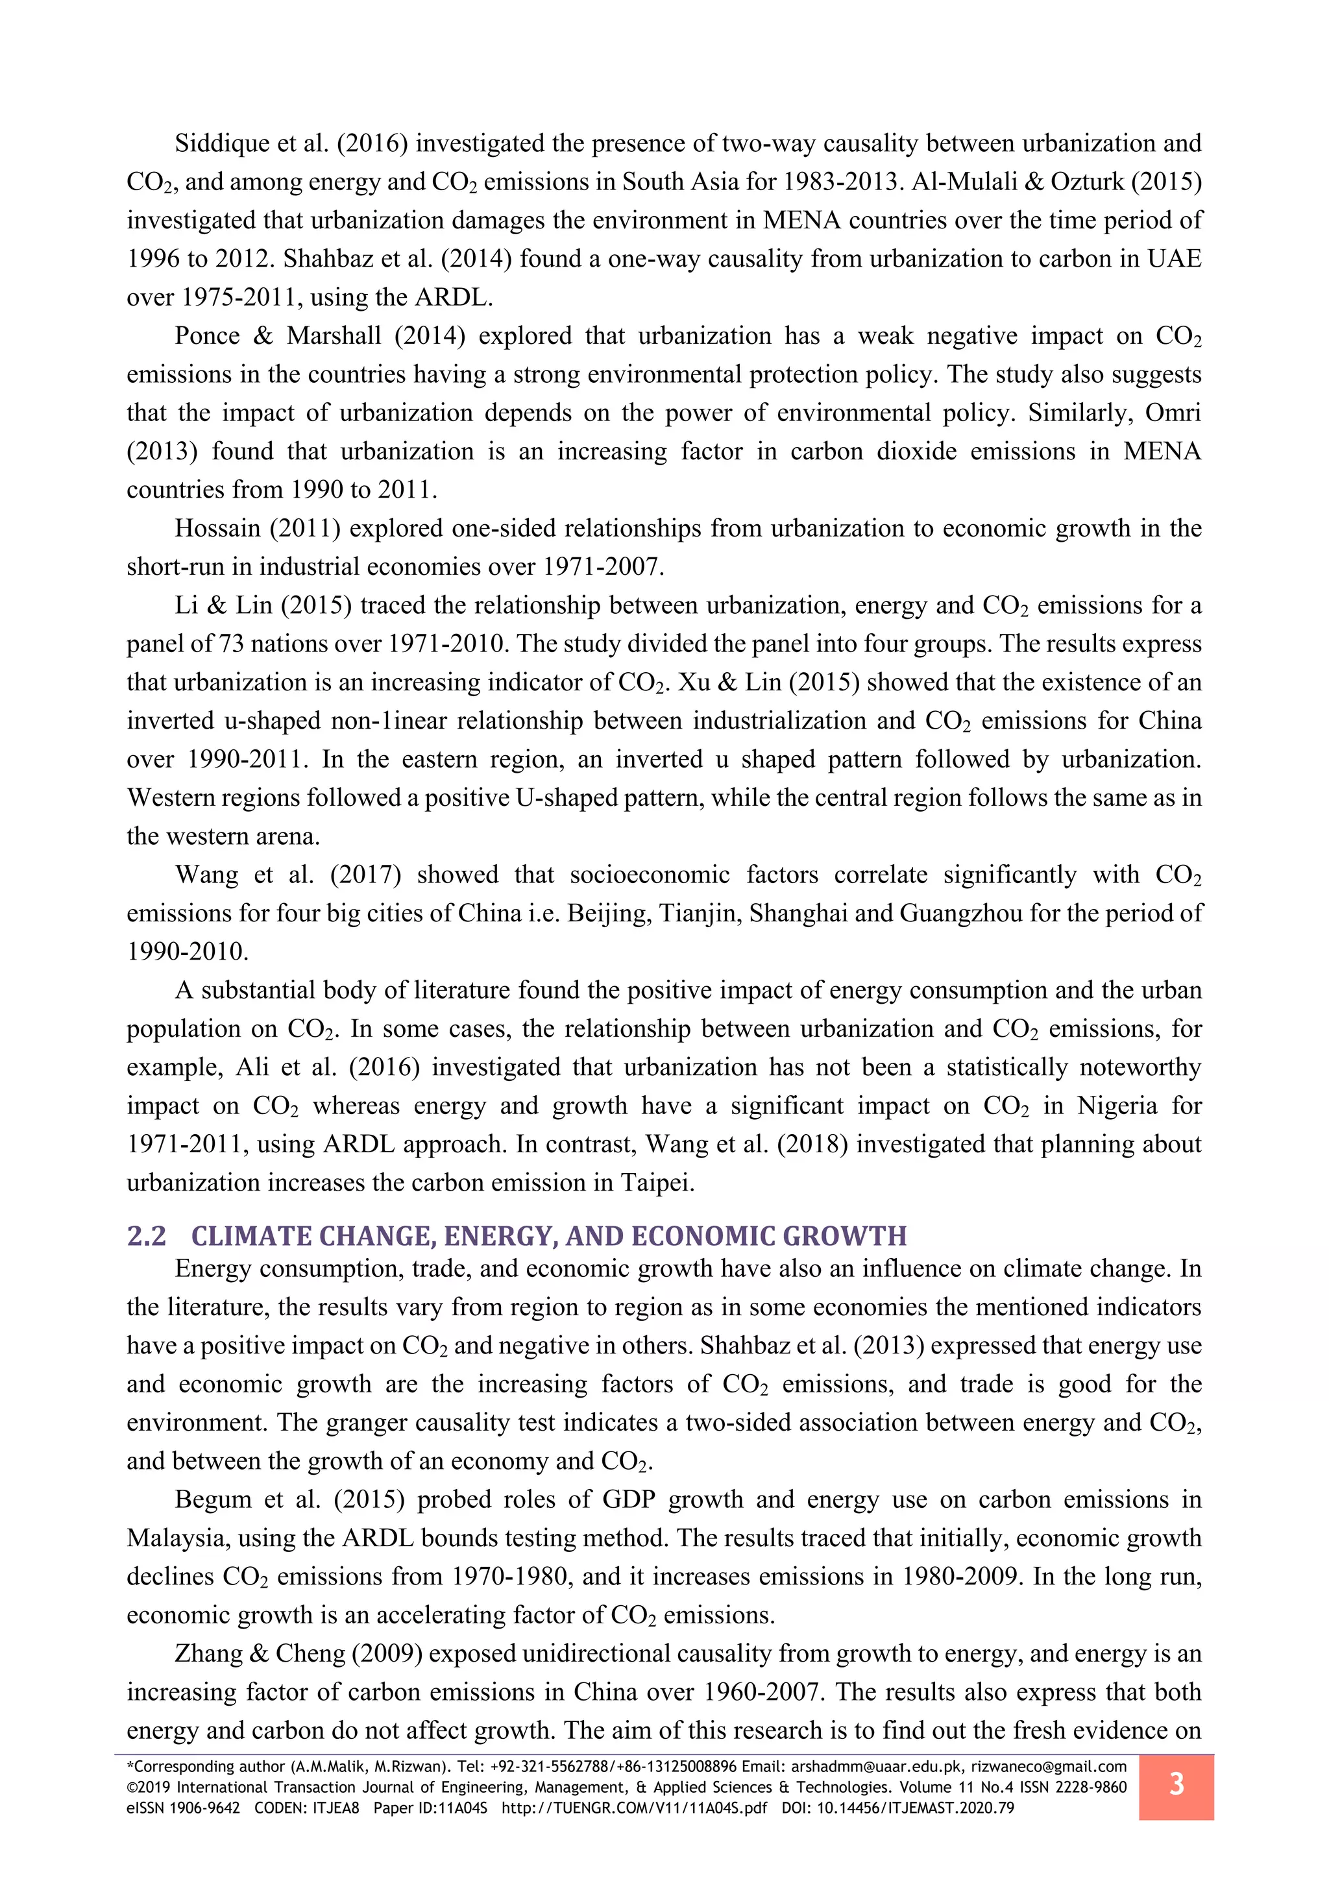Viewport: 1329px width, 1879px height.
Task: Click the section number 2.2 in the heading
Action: (x=147, y=1236)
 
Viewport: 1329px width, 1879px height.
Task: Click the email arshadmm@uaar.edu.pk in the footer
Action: (x=877, y=1767)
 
